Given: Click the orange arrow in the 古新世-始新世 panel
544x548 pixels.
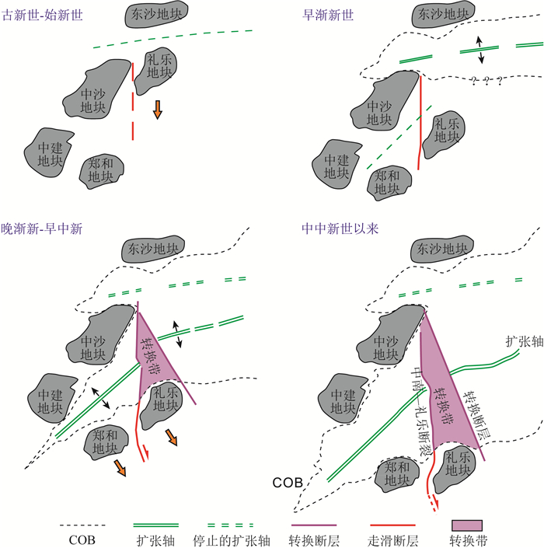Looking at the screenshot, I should (158, 110).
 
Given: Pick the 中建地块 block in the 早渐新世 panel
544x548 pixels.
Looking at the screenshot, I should (338, 160).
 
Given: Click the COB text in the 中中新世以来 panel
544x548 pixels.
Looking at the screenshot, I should (287, 483).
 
